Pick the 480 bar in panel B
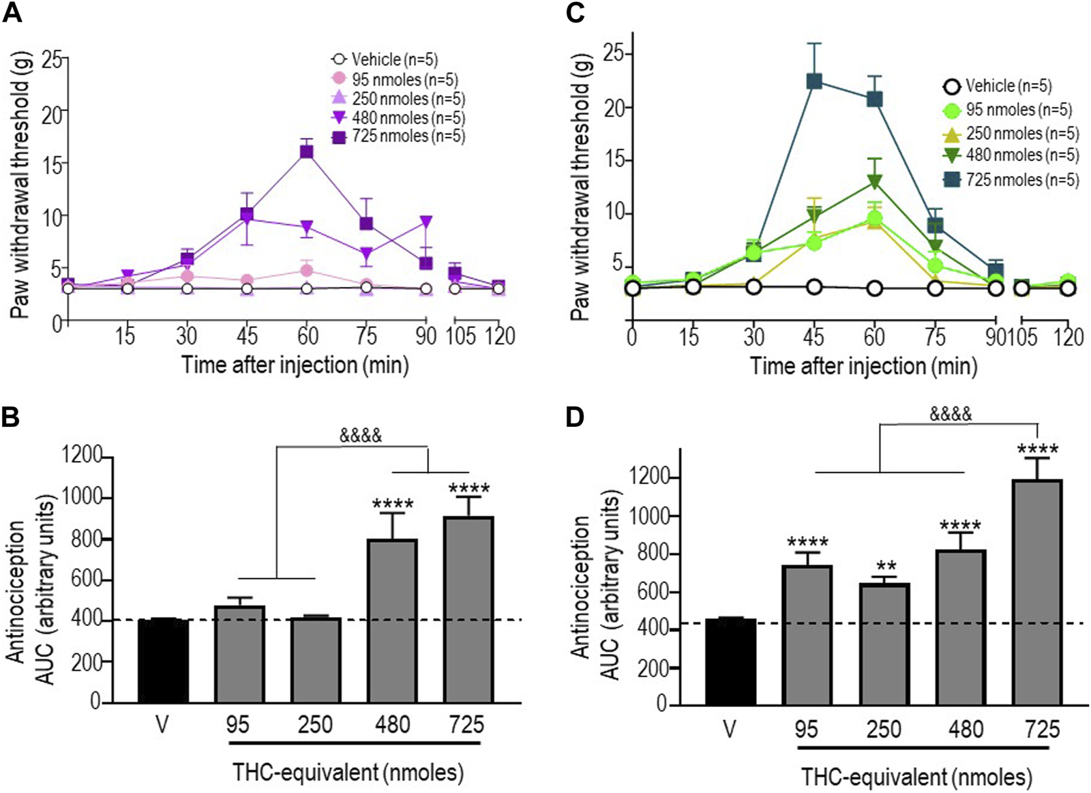point(392,620)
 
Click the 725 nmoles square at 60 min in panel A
point(307,152)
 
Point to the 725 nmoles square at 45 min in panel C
point(814,81)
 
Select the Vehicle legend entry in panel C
point(999,87)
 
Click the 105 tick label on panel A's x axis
point(460,337)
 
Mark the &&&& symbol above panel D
point(951,414)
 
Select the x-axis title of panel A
point(295,365)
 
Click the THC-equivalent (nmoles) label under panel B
point(348,773)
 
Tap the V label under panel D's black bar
point(730,730)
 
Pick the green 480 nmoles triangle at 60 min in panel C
point(874,183)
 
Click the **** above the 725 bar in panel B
point(468,489)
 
